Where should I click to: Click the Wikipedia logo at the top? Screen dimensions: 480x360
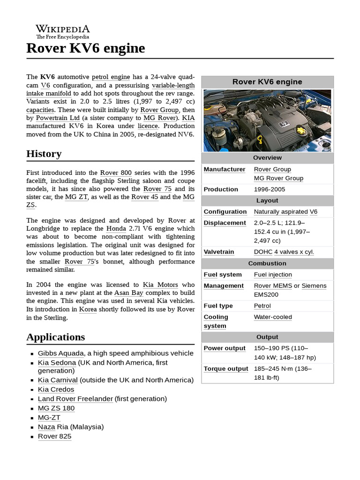click(x=62, y=31)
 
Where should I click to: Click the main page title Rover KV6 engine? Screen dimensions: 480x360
click(x=86, y=48)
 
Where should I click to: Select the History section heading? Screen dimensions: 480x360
click(x=44, y=154)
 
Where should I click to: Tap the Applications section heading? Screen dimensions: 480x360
click(x=56, y=337)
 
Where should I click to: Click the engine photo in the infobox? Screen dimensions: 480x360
click(x=267, y=120)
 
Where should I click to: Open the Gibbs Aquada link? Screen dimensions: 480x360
click(x=61, y=353)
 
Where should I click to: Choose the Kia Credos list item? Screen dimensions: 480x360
click(x=56, y=390)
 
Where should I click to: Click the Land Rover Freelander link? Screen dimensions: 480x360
click(x=75, y=399)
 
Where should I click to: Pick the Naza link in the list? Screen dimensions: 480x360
click(x=46, y=427)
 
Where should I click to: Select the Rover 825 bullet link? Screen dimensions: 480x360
click(x=54, y=436)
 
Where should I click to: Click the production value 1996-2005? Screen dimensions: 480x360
click(x=269, y=189)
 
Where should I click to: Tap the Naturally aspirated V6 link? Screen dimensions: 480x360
click(x=285, y=212)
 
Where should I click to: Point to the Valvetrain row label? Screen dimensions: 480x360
click(x=219, y=252)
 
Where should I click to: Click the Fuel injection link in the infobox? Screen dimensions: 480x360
click(x=273, y=275)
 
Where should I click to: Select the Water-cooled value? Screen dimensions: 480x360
click(x=273, y=317)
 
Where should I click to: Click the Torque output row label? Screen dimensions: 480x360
click(x=226, y=369)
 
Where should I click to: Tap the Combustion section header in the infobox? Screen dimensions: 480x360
click(x=267, y=263)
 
